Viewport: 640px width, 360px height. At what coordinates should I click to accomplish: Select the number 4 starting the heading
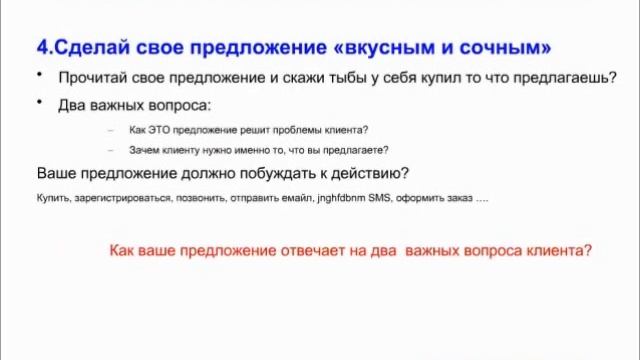pyautogui.click(x=42, y=48)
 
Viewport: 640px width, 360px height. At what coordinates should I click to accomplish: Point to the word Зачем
pyautogui.click(x=146, y=150)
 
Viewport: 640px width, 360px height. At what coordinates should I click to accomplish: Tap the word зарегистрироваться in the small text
pyautogui.click(x=119, y=198)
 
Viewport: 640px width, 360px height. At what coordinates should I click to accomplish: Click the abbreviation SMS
pyautogui.click(x=380, y=198)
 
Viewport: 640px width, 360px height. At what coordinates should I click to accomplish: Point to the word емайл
pyautogui.click(x=293, y=198)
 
